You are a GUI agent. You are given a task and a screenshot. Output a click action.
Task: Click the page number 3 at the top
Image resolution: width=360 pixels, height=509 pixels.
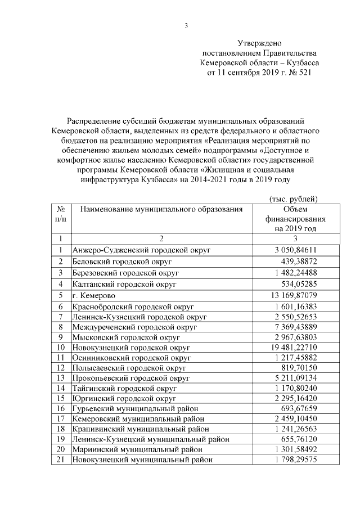[186, 25]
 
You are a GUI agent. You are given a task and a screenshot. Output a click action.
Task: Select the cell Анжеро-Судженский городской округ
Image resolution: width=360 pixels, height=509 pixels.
[138, 250]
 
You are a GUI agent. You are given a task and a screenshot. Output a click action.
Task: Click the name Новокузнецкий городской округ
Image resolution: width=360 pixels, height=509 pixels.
[132, 348]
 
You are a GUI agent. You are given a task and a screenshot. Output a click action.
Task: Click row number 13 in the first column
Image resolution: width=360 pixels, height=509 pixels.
[60, 377]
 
